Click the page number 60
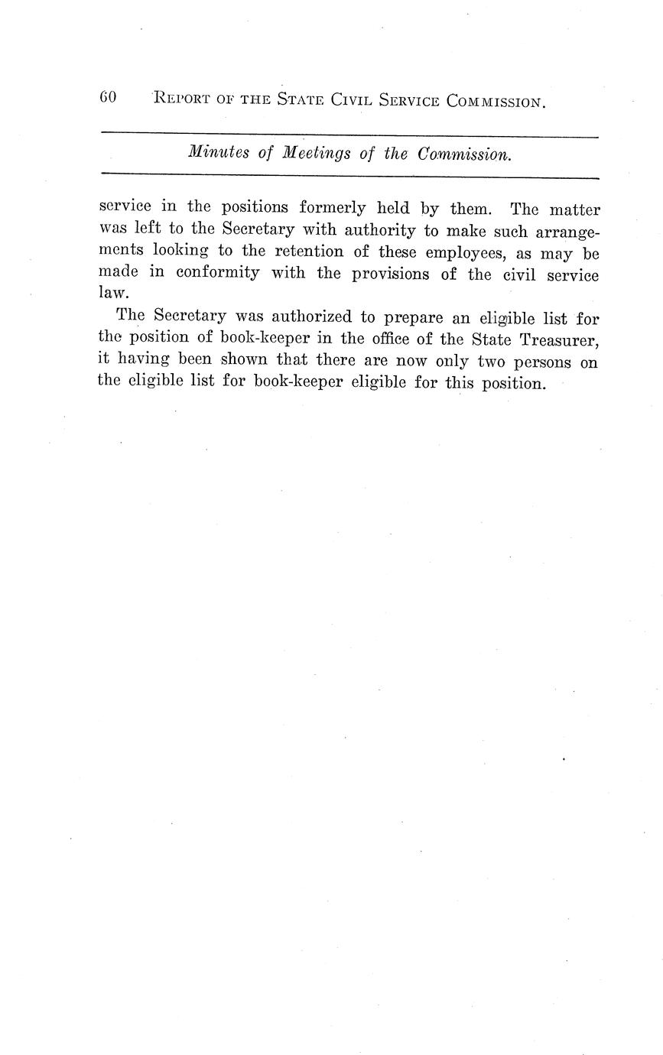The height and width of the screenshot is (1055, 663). tap(107, 98)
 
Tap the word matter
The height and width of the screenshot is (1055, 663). tap(574, 209)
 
